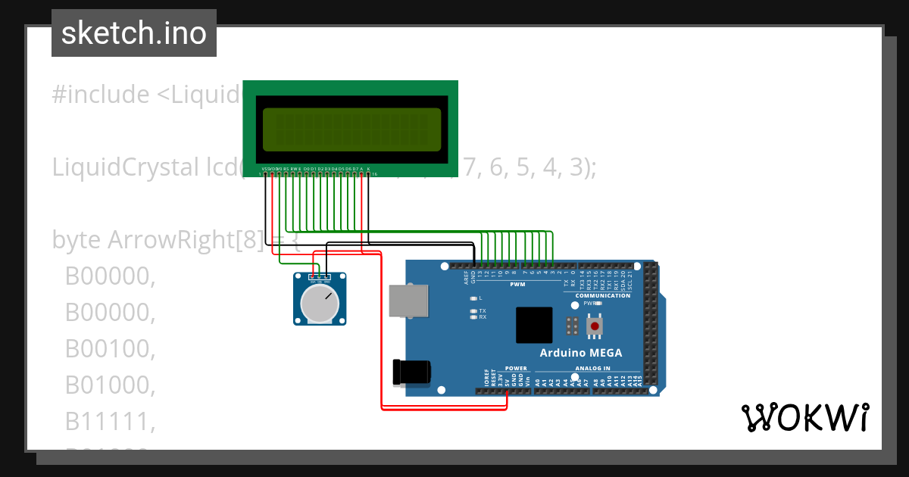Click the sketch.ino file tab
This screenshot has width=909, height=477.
pyautogui.click(x=134, y=33)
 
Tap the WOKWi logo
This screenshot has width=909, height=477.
pyautogui.click(x=804, y=417)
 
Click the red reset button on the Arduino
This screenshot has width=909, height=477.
pyautogui.click(x=595, y=326)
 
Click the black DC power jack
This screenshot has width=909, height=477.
pyautogui.click(x=411, y=372)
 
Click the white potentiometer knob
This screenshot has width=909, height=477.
pyautogui.click(x=319, y=303)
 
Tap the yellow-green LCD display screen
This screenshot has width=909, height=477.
pyautogui.click(x=351, y=129)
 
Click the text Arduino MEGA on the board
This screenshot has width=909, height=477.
pyautogui.click(x=580, y=353)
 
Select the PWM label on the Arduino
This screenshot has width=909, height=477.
pyautogui.click(x=517, y=285)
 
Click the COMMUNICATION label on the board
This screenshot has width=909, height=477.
pyautogui.click(x=603, y=295)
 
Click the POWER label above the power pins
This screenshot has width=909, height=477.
pyautogui.click(x=515, y=369)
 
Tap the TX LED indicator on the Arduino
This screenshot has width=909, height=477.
pyautogui.click(x=473, y=311)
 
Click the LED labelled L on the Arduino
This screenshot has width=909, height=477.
pyautogui.click(x=473, y=298)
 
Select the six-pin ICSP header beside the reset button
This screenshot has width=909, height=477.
pyautogui.click(x=573, y=326)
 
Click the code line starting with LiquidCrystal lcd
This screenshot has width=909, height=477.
pyautogui.click(x=144, y=167)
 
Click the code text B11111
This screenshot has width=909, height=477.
pyautogui.click(x=110, y=422)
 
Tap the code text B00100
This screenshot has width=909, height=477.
pyautogui.click(x=110, y=349)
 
